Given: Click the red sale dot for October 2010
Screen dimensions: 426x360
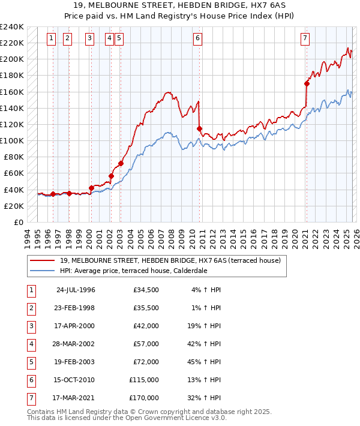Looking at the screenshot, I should (x=199, y=128).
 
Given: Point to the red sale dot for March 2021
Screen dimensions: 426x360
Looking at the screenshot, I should (x=307, y=83).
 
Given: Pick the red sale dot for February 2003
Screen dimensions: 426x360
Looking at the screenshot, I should (x=121, y=163).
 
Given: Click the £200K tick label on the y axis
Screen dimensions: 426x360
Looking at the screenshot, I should (x=13, y=59).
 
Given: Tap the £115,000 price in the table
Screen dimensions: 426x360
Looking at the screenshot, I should (x=144, y=380).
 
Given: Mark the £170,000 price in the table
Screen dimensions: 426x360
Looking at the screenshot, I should (x=144, y=398).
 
